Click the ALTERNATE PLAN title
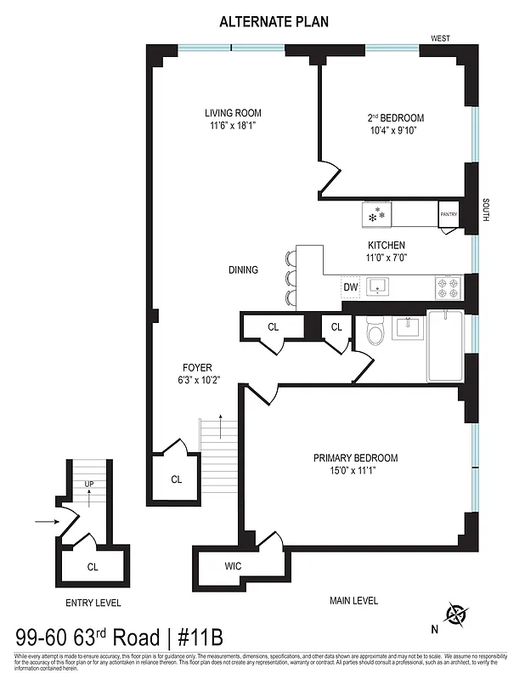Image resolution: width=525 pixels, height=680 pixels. (x=262, y=21)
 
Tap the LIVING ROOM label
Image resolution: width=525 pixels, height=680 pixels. (x=232, y=113)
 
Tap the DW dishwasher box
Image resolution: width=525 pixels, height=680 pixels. (x=350, y=287)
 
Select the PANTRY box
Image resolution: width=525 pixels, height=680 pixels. (x=449, y=215)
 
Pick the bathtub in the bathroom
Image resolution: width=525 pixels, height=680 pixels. (x=444, y=346)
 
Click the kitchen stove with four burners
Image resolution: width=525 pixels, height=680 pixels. (x=448, y=287)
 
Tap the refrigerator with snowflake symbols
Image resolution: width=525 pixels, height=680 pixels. (x=375, y=214)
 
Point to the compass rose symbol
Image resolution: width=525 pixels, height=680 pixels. (x=457, y=614)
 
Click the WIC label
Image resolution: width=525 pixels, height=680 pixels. (x=234, y=565)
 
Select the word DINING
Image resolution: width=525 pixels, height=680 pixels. (x=243, y=270)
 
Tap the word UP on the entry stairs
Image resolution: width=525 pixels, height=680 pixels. (x=89, y=483)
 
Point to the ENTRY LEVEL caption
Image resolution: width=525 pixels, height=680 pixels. (x=93, y=603)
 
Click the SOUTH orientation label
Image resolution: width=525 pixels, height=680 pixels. (x=485, y=210)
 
